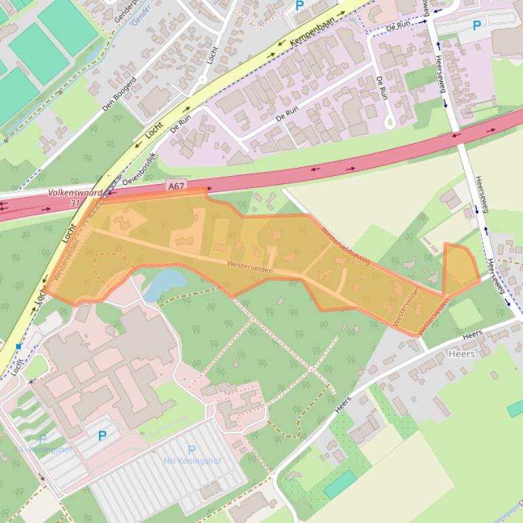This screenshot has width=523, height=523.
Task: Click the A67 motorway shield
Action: pyautogui.click(x=176, y=185)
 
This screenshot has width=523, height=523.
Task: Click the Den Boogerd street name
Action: pyautogui.click(x=119, y=94)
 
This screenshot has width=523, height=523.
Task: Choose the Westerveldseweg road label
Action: pyautogui.click(x=346, y=245)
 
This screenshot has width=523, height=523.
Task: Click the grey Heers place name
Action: pyautogui.click(x=462, y=354)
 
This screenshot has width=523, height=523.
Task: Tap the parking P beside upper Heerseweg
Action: pyautogui.click(x=476, y=26)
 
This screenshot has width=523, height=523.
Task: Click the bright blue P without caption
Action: pyautogui.click(x=103, y=436)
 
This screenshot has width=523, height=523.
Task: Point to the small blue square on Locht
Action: pyautogui.click(x=19, y=347)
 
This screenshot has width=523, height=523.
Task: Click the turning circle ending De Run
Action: pyautogui.click(x=390, y=123)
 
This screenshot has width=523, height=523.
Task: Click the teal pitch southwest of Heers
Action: pyautogui.click(x=340, y=484)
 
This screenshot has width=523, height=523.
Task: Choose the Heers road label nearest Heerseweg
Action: pyautogui.click(x=471, y=334)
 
